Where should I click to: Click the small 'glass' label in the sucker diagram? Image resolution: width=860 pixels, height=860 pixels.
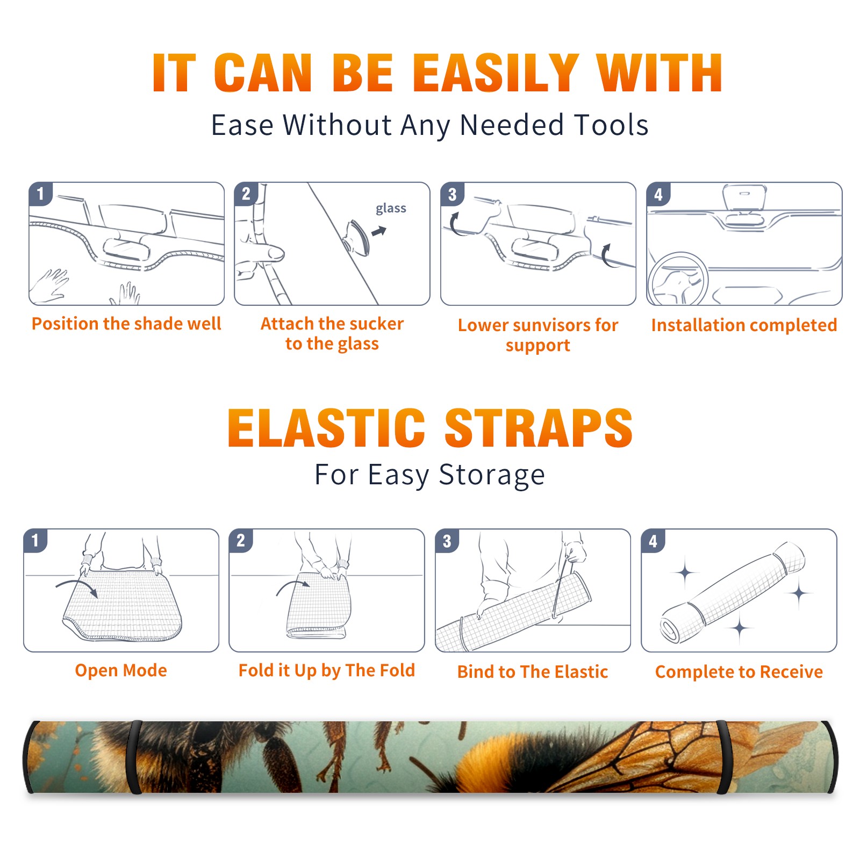(391, 209)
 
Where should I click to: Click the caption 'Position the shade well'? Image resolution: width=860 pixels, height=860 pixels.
(126, 324)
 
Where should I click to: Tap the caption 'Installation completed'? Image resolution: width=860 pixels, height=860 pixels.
(744, 325)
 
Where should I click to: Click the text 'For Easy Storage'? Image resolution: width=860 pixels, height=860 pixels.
(430, 475)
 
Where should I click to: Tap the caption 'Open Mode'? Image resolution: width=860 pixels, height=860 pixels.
(121, 670)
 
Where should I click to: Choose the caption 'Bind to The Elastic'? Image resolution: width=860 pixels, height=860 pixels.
(533, 672)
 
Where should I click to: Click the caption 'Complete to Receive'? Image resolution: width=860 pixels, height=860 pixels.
(739, 672)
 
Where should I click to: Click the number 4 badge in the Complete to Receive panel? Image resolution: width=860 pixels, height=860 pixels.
(653, 541)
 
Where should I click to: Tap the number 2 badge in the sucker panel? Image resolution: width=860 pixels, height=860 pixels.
(246, 193)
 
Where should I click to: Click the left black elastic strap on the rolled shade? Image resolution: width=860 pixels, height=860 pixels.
(133, 757)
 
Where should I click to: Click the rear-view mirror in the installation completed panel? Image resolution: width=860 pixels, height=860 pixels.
(744, 198)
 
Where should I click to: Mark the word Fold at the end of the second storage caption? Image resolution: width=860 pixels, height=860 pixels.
(397, 670)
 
